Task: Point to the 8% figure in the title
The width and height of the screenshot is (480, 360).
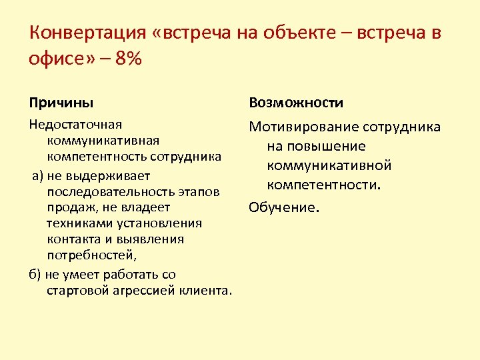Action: pos(128,59)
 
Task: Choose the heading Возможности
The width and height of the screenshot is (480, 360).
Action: pos(296,103)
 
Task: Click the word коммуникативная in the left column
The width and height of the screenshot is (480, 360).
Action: pos(103,141)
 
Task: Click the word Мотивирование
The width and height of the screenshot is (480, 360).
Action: pos(304,127)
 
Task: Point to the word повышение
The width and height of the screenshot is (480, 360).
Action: pos(317,146)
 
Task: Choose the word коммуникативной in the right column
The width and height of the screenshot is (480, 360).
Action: pos(329,165)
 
